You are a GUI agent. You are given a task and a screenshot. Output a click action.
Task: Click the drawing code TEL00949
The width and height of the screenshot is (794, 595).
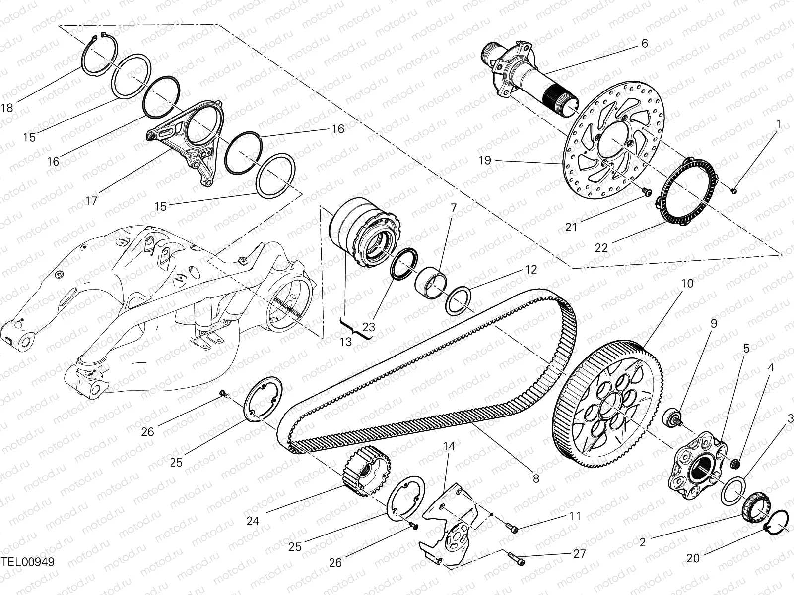tap(27, 562)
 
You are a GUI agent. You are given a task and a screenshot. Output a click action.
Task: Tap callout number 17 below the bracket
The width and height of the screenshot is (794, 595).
tap(91, 200)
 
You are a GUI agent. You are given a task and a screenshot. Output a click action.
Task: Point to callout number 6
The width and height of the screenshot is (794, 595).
tap(644, 43)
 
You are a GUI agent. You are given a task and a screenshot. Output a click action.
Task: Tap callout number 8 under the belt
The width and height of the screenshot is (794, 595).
tap(536, 478)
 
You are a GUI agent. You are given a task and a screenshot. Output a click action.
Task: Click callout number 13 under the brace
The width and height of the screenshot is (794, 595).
tap(346, 342)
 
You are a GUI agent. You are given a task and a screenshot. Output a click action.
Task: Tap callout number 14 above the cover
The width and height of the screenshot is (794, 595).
tap(449, 446)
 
